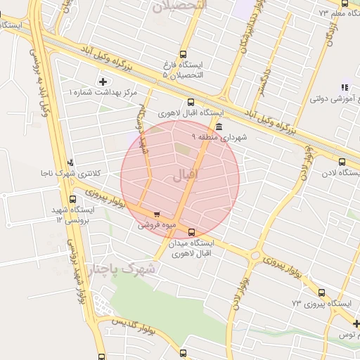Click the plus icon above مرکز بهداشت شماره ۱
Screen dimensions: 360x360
[x=103, y=82]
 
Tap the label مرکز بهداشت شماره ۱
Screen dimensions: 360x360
[x=103, y=93]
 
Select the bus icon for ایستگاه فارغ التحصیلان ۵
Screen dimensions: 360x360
[x=184, y=53]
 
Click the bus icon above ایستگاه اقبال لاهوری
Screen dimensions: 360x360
[x=190, y=102]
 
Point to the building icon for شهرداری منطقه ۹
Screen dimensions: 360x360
[x=220, y=127]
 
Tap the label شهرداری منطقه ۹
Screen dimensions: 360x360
[x=221, y=138]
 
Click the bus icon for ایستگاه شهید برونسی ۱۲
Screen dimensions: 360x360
[x=73, y=199]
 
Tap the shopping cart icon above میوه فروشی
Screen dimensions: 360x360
[x=157, y=214]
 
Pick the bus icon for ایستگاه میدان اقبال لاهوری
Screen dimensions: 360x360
[x=192, y=231]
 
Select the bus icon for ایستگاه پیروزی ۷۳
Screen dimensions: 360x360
[x=321, y=292]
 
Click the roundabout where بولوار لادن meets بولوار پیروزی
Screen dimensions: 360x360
[x=255, y=256]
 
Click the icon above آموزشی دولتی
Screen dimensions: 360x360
[x=344, y=87]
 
